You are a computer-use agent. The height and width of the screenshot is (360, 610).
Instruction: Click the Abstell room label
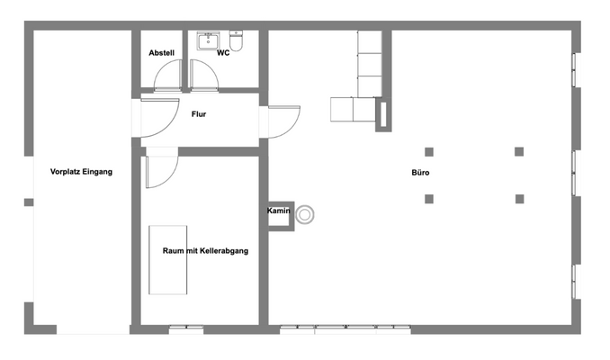click(161, 53)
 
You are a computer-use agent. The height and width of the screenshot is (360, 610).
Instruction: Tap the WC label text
click(223, 53)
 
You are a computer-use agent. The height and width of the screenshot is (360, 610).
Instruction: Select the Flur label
click(200, 114)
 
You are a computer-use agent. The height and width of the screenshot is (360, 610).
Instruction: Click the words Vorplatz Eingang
click(81, 171)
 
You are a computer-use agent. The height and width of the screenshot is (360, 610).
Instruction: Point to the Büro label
click(420, 171)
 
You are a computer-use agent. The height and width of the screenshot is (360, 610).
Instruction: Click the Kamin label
click(277, 211)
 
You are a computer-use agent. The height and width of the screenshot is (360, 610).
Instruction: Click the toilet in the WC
click(237, 40)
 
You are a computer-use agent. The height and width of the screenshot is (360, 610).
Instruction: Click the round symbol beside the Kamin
click(306, 214)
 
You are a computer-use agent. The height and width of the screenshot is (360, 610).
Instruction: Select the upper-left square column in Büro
click(429, 151)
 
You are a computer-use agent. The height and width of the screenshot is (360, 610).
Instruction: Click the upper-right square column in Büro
click(519, 151)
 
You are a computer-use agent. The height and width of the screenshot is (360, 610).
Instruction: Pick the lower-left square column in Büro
click(429, 198)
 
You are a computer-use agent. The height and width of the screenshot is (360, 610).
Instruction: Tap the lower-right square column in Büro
click(519, 198)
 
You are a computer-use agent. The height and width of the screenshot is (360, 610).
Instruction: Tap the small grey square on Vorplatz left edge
click(29, 202)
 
